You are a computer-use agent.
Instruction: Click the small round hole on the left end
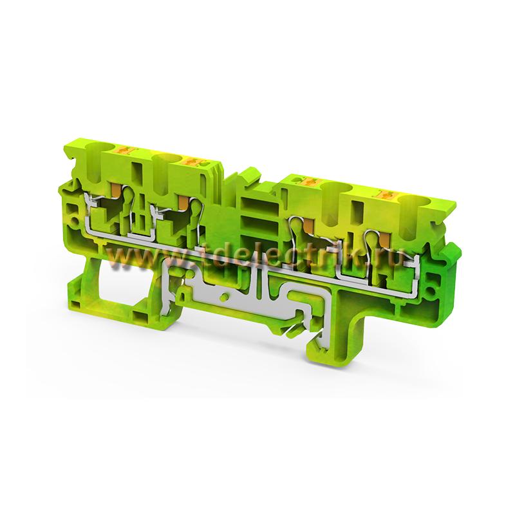click(75, 221)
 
